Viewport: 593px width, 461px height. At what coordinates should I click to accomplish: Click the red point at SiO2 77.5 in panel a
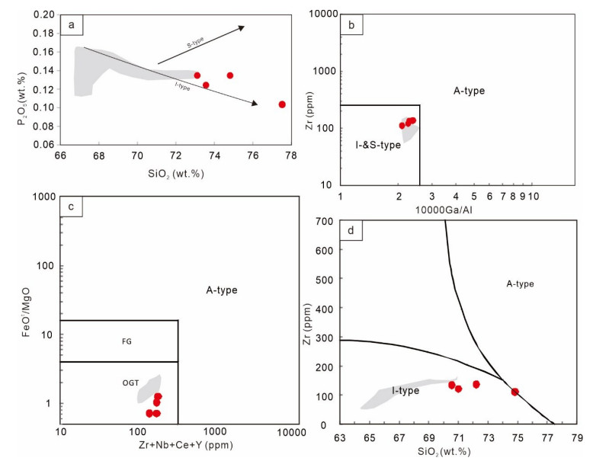click(x=282, y=104)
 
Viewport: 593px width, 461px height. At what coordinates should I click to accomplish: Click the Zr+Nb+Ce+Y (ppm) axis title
click(x=176, y=446)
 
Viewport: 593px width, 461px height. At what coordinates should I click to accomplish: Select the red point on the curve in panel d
click(x=514, y=392)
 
